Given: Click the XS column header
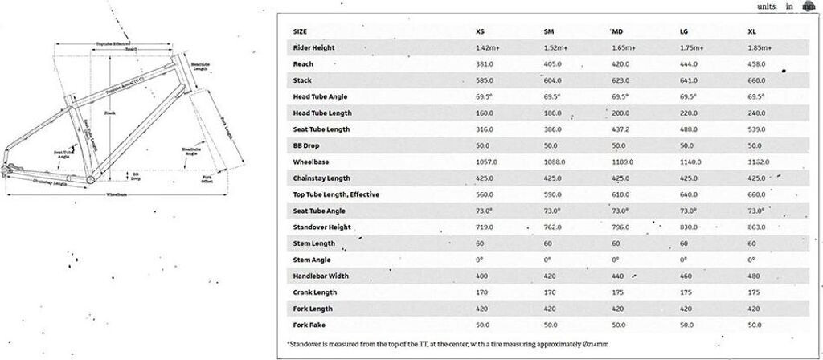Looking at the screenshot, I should click(x=480, y=31).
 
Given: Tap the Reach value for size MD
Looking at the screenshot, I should click(x=623, y=64).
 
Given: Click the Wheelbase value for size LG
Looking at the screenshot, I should click(x=691, y=162).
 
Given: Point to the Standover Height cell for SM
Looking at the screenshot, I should click(x=554, y=227).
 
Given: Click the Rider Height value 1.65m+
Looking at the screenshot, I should click(x=624, y=48).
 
